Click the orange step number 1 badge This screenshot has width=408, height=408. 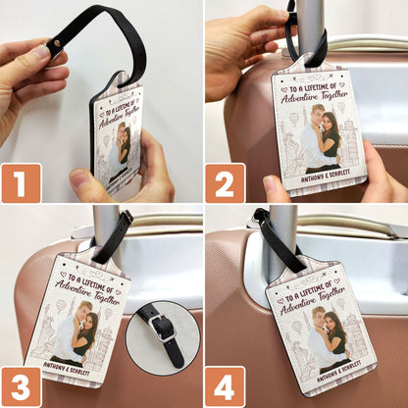(21, 182)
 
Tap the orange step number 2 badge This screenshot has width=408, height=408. (225, 182)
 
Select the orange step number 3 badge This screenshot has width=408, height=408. (21, 386)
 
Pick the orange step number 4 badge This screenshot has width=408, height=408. (225, 386)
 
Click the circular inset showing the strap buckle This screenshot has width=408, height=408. (162, 336)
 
